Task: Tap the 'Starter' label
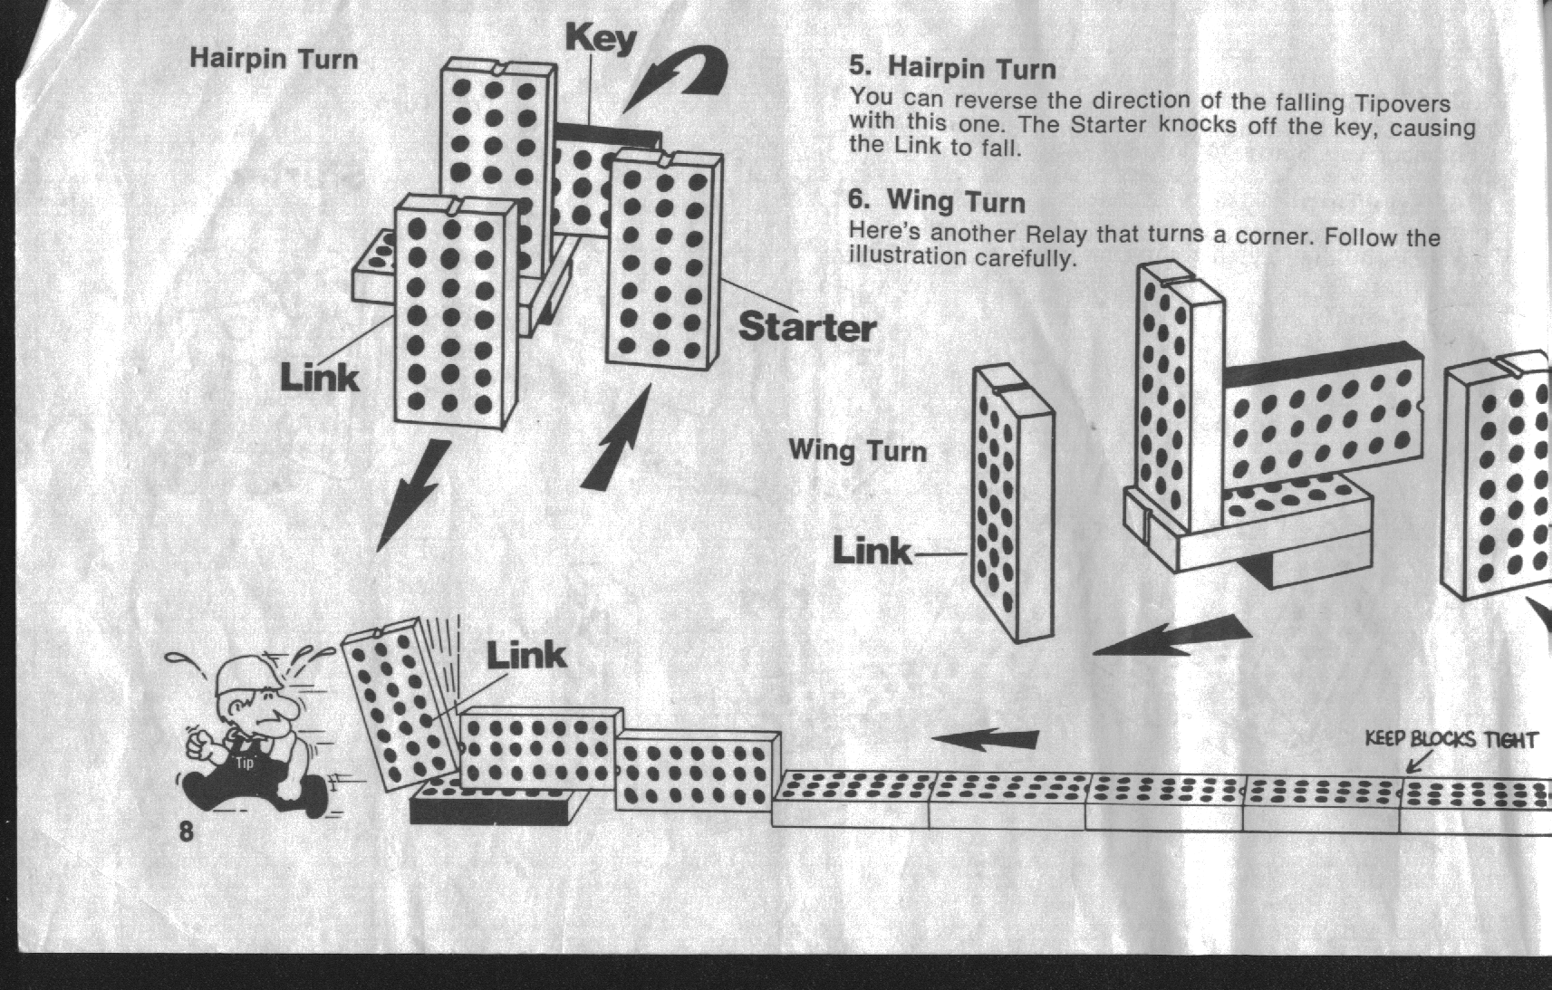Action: pos(807,326)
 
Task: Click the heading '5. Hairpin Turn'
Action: pos(952,68)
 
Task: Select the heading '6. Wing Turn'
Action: pos(936,201)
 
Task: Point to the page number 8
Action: pos(186,831)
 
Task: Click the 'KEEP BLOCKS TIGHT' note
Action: pos(1451,739)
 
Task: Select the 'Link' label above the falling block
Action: pos(525,655)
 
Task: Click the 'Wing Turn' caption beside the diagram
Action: pos(857,451)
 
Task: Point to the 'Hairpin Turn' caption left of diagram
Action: pos(274,59)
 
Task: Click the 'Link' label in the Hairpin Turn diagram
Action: pos(320,378)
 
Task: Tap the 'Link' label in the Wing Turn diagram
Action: pos(872,551)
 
